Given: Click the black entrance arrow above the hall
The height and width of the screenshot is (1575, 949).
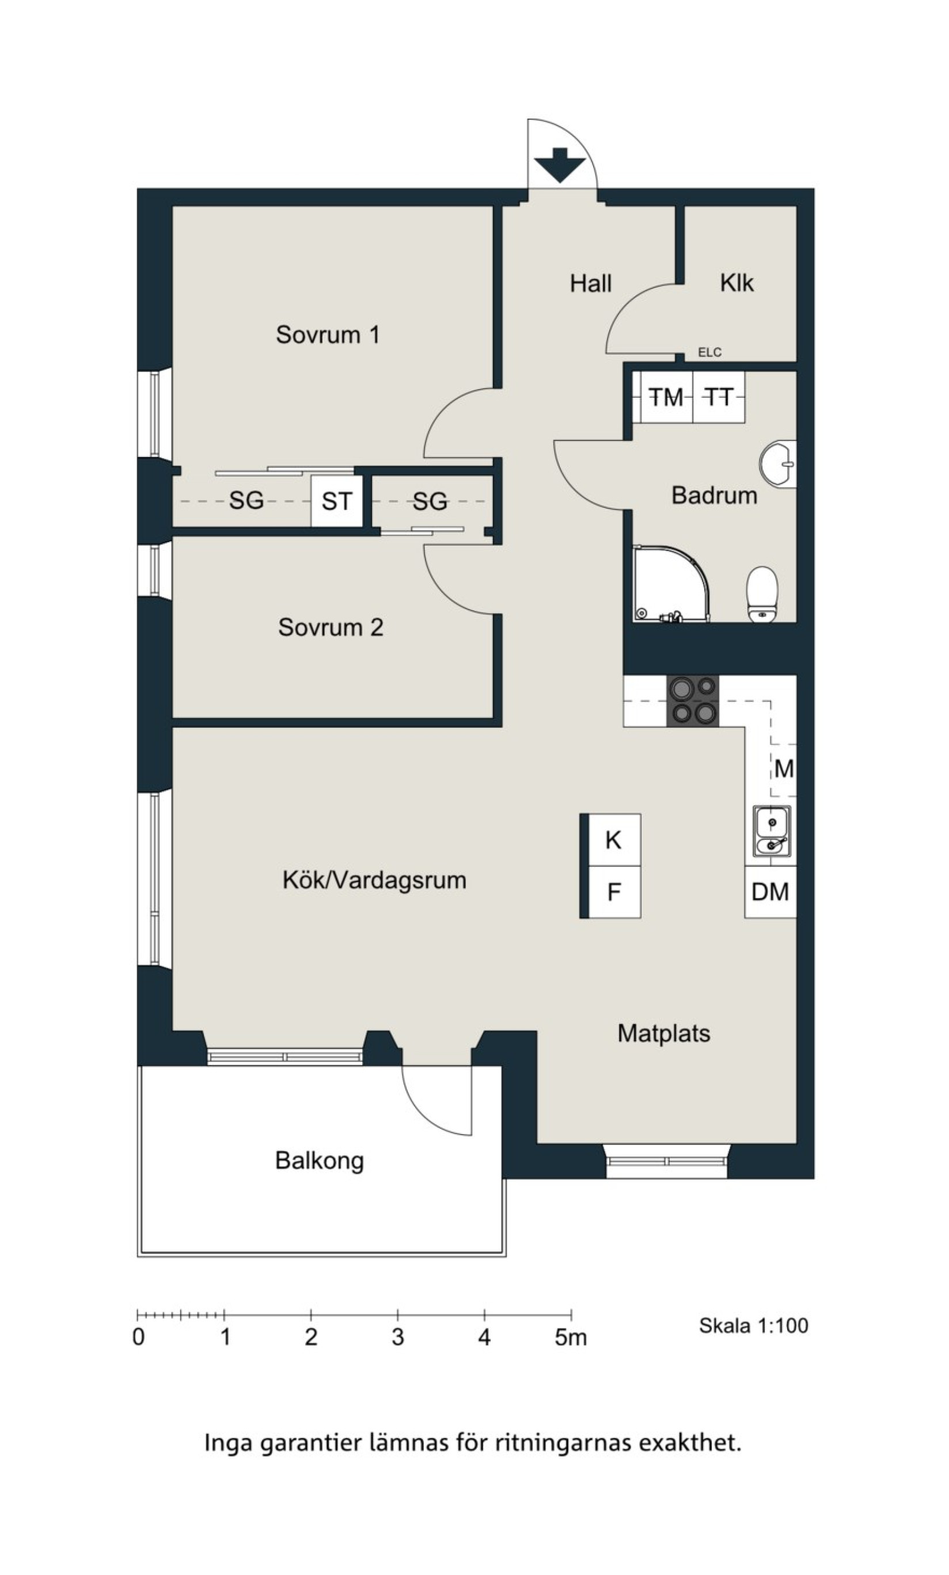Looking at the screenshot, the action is click(560, 165).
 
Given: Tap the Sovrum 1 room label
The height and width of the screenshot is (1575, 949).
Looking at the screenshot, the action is click(328, 334).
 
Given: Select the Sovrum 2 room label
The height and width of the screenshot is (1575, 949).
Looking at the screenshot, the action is click(331, 627).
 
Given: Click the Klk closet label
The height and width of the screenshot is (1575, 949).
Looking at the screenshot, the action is click(737, 283).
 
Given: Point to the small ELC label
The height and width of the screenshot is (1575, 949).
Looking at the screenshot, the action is click(710, 352).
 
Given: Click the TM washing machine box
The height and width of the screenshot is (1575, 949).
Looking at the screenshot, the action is click(666, 397).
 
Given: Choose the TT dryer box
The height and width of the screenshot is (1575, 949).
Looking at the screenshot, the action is click(719, 397).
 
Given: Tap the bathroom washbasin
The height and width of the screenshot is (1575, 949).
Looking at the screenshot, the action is click(778, 463).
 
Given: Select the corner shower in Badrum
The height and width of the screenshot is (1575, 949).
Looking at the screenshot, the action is click(671, 583).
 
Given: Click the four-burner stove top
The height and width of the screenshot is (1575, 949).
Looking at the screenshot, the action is click(693, 701).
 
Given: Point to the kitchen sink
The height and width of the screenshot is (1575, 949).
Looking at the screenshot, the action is click(772, 830).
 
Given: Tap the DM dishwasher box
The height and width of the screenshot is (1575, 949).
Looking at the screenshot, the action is click(770, 892).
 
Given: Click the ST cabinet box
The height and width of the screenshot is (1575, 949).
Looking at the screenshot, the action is click(337, 501).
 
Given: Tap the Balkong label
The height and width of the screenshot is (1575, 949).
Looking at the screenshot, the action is click(320, 1160).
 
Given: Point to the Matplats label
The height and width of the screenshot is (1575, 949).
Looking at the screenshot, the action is click(664, 1034).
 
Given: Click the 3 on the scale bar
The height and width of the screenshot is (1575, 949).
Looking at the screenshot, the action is click(398, 1338).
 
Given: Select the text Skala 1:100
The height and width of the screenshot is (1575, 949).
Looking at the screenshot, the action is click(754, 1326).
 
